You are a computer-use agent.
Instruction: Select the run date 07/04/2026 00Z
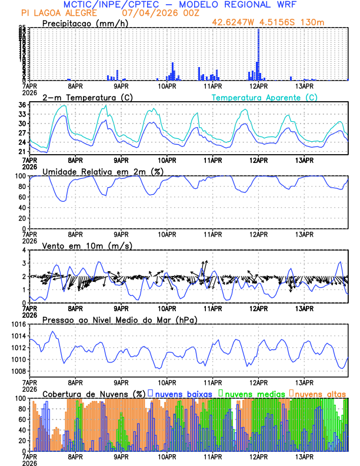[x=161, y=13]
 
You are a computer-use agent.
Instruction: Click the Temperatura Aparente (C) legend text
[x=264, y=97]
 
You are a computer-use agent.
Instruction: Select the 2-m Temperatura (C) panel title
[x=87, y=97]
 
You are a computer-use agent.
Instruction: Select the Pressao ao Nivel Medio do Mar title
[x=119, y=319]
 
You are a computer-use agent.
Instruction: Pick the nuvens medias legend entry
[x=249, y=393]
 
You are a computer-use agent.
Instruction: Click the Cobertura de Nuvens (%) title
[x=94, y=393]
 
